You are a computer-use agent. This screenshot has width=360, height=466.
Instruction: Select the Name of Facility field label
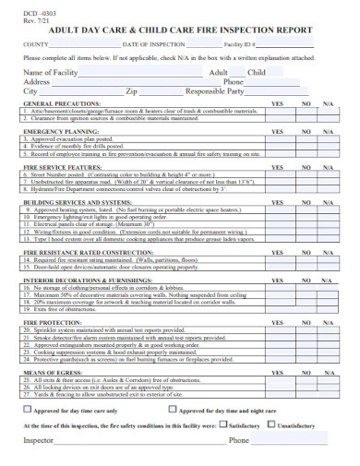pyautogui.click(x=50, y=71)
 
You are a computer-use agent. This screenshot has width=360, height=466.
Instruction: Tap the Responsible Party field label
pyautogui.click(x=214, y=91)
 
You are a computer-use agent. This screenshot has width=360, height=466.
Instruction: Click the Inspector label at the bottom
pyautogui.click(x=40, y=441)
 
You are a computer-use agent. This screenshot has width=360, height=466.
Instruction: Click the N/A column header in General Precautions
pyautogui.click(x=328, y=104)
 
